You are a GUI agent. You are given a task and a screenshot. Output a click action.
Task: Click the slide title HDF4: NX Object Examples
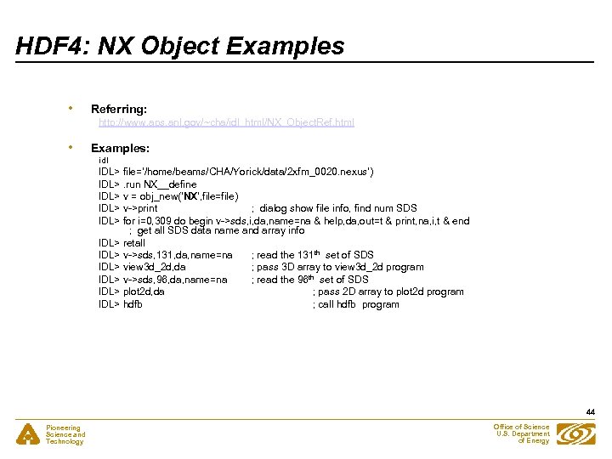[180, 45]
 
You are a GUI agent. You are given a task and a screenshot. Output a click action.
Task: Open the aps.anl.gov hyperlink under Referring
[226, 122]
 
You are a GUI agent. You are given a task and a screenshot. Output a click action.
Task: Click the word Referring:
[119, 109]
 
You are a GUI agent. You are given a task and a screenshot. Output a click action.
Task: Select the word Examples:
[120, 148]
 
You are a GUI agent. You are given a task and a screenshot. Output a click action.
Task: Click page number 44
[590, 412]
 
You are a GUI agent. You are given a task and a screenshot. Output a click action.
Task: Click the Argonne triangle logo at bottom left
[28, 434]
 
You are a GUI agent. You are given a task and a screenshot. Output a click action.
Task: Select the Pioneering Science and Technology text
[65, 434]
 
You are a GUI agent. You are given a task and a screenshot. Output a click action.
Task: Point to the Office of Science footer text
[523, 433]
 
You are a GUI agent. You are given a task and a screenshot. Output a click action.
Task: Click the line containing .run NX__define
[148, 184]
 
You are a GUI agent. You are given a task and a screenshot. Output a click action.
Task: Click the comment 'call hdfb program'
[355, 304]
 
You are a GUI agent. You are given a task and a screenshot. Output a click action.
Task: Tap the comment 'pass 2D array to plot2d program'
[388, 292]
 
